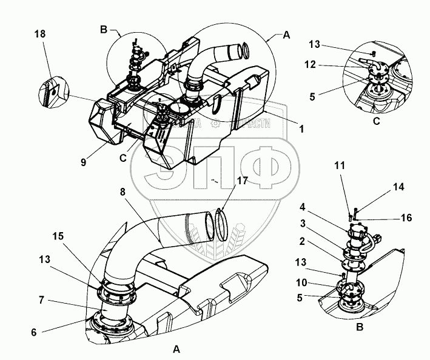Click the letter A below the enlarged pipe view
click(176, 349)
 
